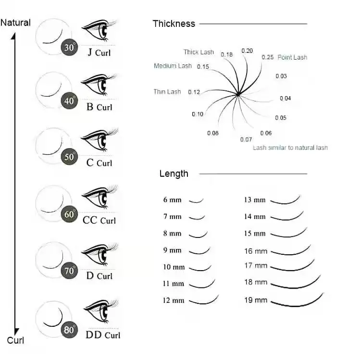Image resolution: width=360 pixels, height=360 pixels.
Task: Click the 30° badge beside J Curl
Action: point(70,47)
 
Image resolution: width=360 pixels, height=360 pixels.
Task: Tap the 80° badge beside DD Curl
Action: point(70,329)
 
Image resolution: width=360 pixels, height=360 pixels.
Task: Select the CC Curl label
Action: point(99,220)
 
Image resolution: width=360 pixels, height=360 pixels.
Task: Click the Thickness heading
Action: point(174,24)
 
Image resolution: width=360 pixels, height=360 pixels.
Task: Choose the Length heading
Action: point(174,174)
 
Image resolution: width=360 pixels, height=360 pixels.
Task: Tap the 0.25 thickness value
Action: point(268,57)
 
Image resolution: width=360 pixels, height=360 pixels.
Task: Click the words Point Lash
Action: point(292,57)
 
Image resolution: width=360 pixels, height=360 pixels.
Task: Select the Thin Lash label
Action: point(167,92)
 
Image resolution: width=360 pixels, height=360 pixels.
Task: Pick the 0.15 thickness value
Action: point(203,67)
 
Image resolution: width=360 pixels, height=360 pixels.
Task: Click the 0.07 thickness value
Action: point(246,139)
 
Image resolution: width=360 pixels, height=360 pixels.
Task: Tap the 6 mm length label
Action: point(172,199)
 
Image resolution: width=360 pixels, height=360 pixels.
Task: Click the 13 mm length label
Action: point(254,199)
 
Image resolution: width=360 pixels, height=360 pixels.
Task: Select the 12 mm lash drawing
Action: point(204,300)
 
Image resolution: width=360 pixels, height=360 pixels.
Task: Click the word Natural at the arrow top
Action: point(15,23)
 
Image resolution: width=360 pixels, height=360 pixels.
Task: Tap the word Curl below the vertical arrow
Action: point(15,340)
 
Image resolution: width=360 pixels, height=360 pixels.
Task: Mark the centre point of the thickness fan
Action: point(238,94)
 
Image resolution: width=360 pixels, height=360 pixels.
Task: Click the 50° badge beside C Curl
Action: point(70,157)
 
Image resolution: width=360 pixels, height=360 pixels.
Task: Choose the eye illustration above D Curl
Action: point(100,254)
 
